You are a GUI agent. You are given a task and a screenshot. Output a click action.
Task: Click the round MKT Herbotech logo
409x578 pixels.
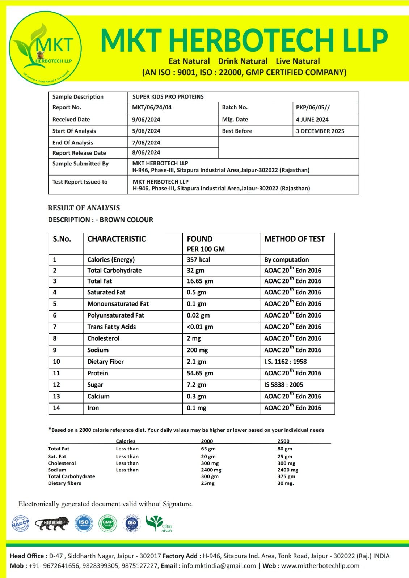pyautogui.click(x=45, y=48)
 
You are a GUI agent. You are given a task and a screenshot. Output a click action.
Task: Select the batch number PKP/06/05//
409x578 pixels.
pyautogui.click(x=313, y=107)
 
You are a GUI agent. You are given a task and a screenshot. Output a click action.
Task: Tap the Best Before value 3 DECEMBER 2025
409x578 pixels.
pyautogui.click(x=320, y=131)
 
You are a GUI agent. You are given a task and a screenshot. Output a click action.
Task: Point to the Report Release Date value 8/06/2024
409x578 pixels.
pyautogui.click(x=146, y=152)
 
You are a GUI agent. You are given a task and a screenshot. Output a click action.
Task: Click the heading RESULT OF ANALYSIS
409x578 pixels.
pyautogui.click(x=84, y=208)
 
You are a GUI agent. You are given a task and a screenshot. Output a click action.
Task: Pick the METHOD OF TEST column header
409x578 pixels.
pyautogui.click(x=294, y=239)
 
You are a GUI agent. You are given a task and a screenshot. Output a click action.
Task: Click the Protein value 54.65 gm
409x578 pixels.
pyautogui.click(x=200, y=373)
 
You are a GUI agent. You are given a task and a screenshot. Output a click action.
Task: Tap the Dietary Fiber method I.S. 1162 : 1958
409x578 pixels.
pyautogui.click(x=285, y=362)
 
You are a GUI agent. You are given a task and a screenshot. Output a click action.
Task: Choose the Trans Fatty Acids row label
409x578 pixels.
pyautogui.click(x=111, y=327)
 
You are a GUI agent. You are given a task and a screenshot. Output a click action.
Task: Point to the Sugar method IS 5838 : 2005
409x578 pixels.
pyautogui.click(x=283, y=385)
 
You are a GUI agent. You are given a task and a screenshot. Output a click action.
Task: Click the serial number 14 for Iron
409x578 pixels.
pyautogui.click(x=56, y=408)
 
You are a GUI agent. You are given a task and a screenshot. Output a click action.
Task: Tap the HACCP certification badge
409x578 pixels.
pyautogui.click(x=20, y=523)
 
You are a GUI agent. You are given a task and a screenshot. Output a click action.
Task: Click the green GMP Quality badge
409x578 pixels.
pyautogui.click(x=107, y=523)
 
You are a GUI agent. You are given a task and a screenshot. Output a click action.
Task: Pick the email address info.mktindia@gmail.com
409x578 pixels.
pyautogui.click(x=219, y=566)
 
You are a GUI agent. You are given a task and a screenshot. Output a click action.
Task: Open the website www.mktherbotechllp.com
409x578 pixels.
pyautogui.click(x=320, y=566)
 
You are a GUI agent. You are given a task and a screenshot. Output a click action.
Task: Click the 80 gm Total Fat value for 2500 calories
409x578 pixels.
pyautogui.click(x=284, y=449)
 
